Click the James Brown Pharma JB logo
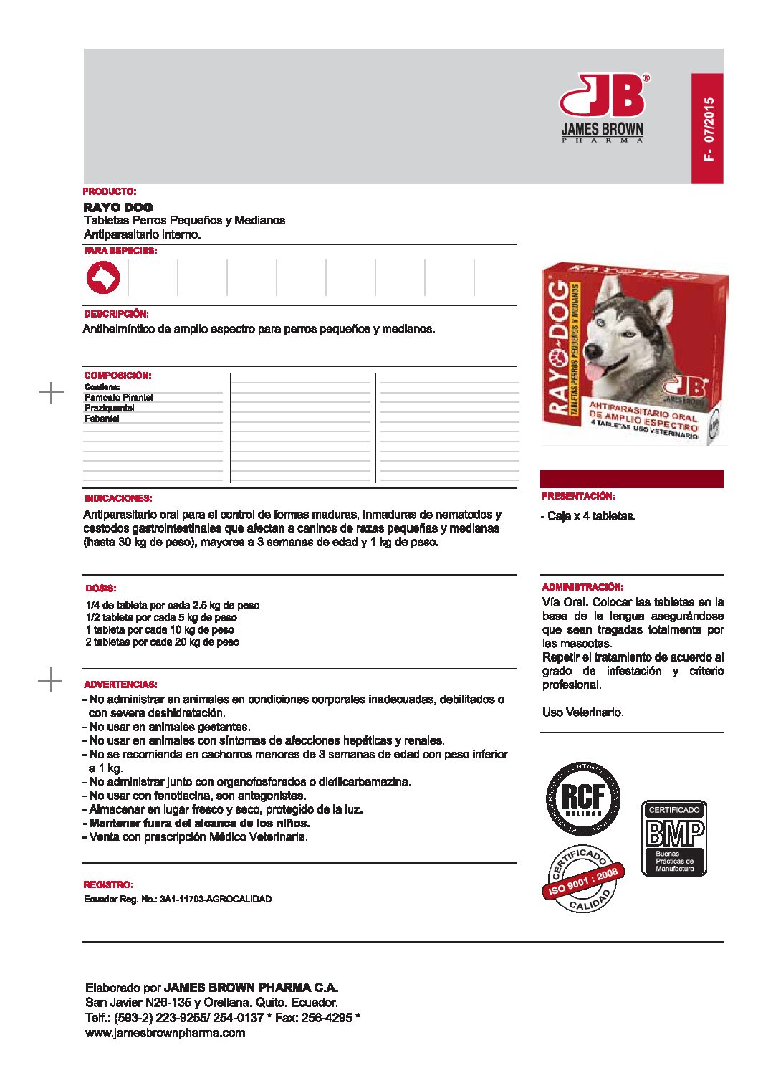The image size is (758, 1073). pos(602,108)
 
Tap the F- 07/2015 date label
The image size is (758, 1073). pos(709,129)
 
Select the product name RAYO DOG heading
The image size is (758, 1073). pos(118,207)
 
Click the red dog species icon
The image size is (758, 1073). pos(103,278)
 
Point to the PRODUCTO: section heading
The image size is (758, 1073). pos(110,191)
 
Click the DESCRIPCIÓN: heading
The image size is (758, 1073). pos(116,314)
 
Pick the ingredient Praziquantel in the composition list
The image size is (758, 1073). pos(110,408)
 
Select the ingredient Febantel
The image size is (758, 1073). pos(102,419)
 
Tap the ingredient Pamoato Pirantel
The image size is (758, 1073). pos(119,397)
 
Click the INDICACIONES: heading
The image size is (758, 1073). pos(118,498)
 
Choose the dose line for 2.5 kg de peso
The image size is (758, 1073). pos(173,605)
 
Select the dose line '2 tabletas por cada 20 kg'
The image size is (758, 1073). pos(163,642)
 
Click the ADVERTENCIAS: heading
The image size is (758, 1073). pos(120,685)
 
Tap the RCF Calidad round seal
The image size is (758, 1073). pos(583,798)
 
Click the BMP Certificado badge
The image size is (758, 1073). pos(673,838)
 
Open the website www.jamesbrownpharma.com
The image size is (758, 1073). pos(165,1033)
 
